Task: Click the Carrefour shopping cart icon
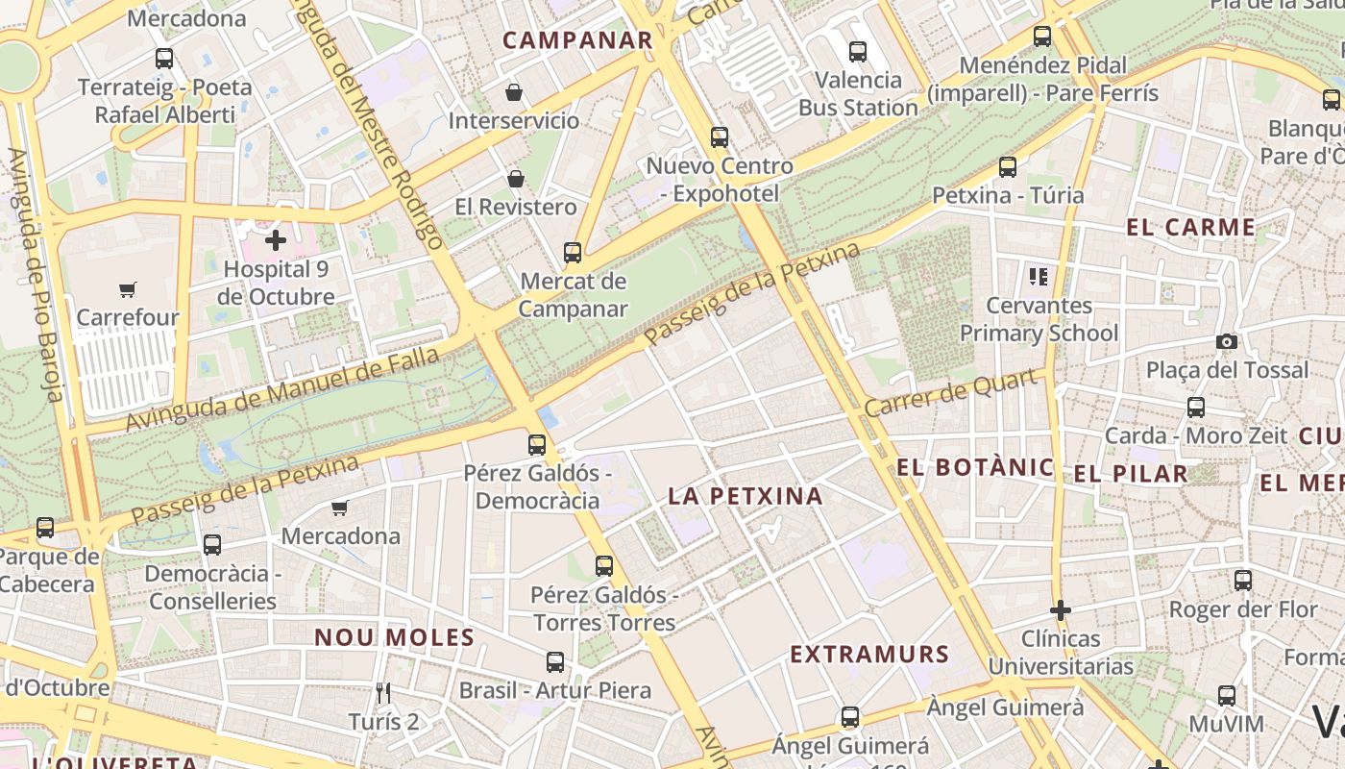coord(128,289)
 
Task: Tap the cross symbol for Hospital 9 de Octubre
coord(276,240)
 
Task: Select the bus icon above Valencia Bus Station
coord(858,51)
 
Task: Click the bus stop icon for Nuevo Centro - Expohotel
coord(720,137)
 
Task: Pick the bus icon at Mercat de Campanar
coord(573,253)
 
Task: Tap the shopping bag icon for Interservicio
coord(514,92)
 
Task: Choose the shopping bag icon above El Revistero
coord(516,179)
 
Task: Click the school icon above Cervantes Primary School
coord(1039,277)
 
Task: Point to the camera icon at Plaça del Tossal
coord(1226,341)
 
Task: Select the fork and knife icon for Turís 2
coord(383,692)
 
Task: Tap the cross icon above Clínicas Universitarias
coord(1061,610)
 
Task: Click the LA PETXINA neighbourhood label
coord(746,496)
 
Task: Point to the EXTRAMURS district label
coord(869,655)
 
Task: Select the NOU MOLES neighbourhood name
coord(395,636)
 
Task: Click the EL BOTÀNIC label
coord(975,468)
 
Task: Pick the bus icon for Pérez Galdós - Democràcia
coord(537,445)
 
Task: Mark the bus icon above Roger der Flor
coord(1243,581)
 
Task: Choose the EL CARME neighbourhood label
coord(1190,228)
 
